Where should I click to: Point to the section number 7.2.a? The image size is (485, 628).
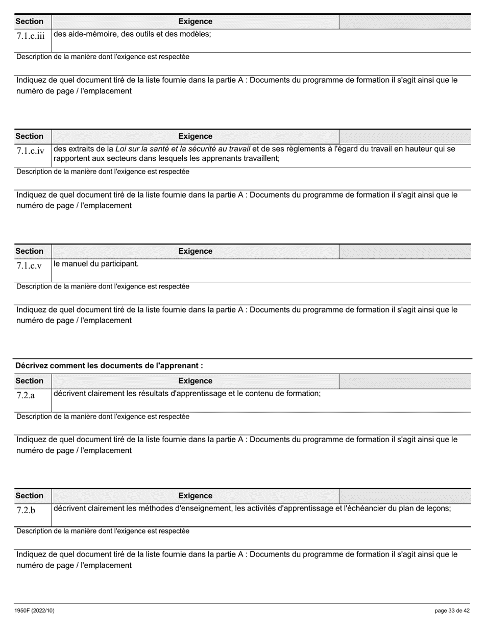pyautogui.click(x=26, y=396)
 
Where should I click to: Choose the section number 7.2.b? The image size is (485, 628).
pyautogui.click(x=26, y=511)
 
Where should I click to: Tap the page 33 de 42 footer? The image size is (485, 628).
pyautogui.click(x=452, y=611)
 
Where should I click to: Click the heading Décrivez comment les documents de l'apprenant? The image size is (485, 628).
pyautogui.click(x=109, y=366)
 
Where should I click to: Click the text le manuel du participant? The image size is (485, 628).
pyautogui.click(x=96, y=264)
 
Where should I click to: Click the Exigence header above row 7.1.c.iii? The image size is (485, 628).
pyautogui.click(x=195, y=21)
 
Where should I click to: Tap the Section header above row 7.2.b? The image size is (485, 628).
pyautogui.click(x=30, y=495)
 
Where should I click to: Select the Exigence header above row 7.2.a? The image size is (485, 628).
pyautogui.click(x=195, y=380)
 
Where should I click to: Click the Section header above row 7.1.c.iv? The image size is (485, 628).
pyautogui.click(x=30, y=136)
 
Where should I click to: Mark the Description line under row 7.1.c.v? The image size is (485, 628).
pyautogui.click(x=103, y=286)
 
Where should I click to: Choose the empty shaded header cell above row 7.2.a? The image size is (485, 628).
pyautogui.click(x=405, y=380)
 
